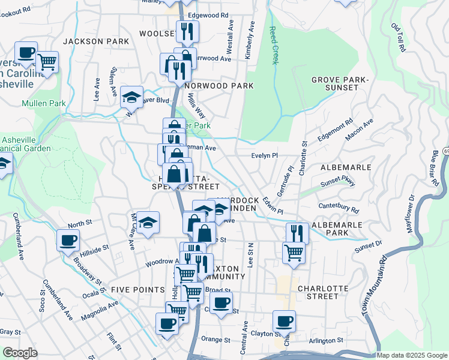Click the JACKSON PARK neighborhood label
tap(96, 41)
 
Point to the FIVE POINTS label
tap(133, 289)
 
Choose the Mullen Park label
tap(43, 103)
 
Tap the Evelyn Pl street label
tap(264, 155)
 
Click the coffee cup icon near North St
tap(67, 240)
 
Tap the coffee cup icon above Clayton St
tap(283, 320)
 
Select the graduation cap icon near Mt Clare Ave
tap(148, 223)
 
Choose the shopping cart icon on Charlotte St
tap(294, 252)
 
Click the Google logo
tap(20, 353)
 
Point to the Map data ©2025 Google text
tap(411, 355)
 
